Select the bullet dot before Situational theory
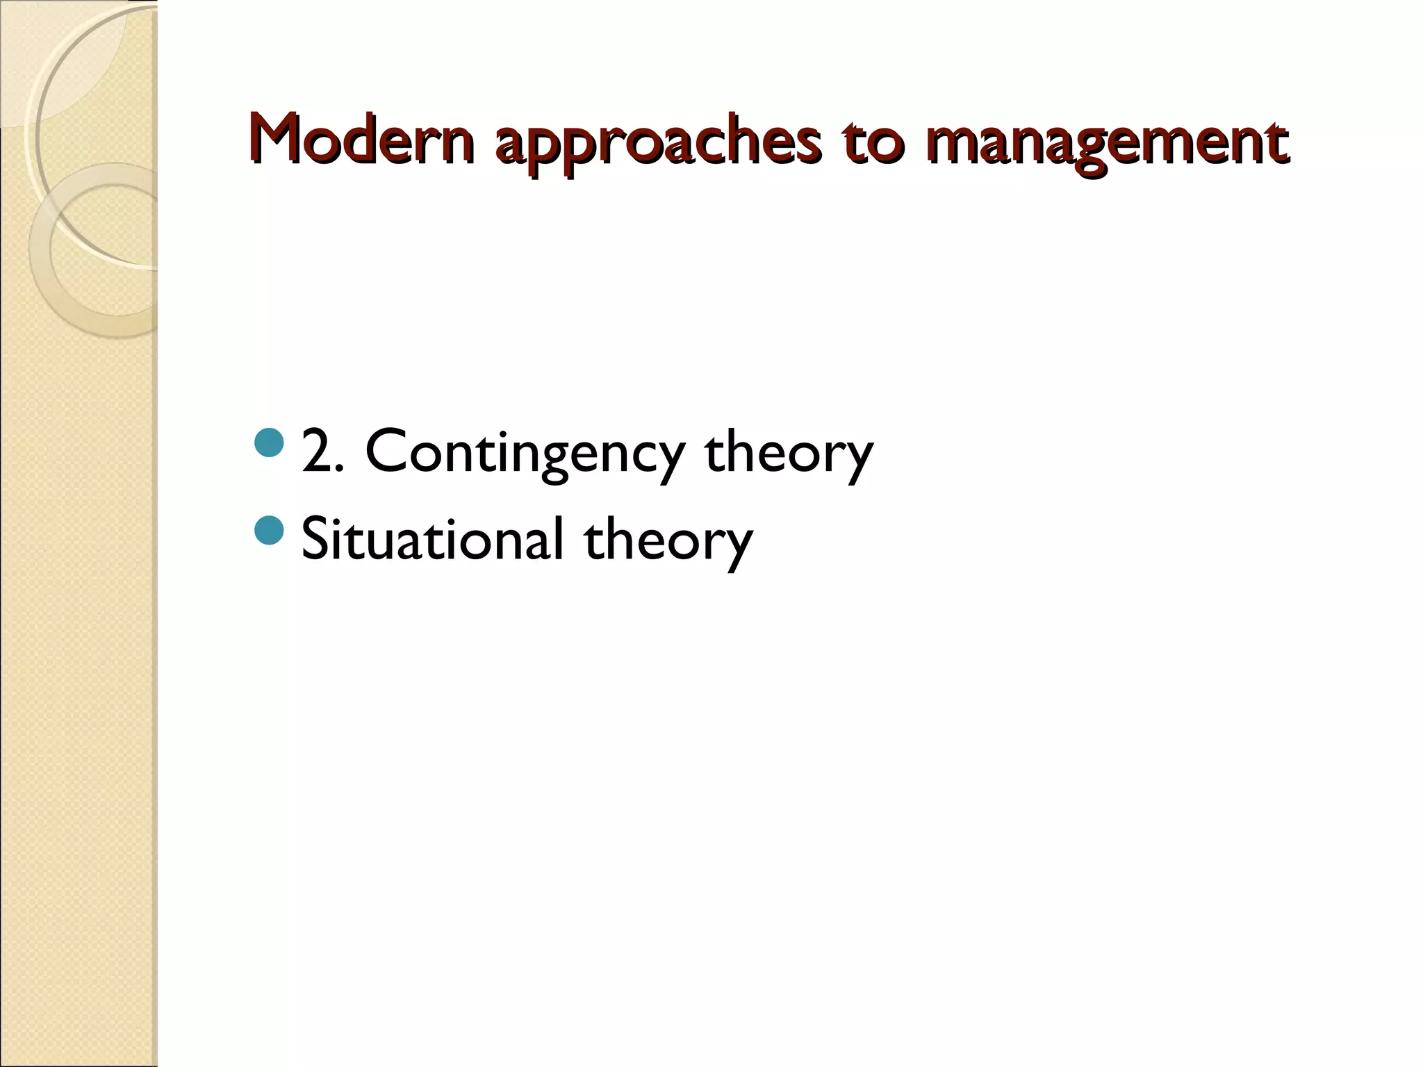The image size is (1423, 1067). [269, 530]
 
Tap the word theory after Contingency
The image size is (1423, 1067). [788, 455]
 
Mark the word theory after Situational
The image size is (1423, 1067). [668, 542]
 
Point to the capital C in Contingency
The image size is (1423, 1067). [386, 452]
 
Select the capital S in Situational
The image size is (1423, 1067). [317, 539]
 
